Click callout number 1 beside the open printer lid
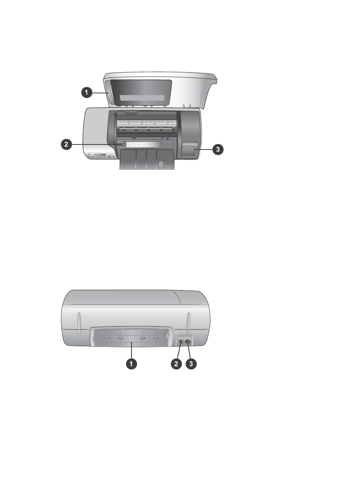click(87, 92)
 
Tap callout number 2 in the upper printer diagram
click(66, 144)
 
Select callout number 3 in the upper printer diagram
click(218, 149)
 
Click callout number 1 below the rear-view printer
click(132, 364)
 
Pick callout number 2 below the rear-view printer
click(176, 364)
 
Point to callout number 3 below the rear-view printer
click(191, 364)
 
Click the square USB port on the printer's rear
click(181, 341)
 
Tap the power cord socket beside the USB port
click(188, 341)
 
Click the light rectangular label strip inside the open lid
click(142, 98)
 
